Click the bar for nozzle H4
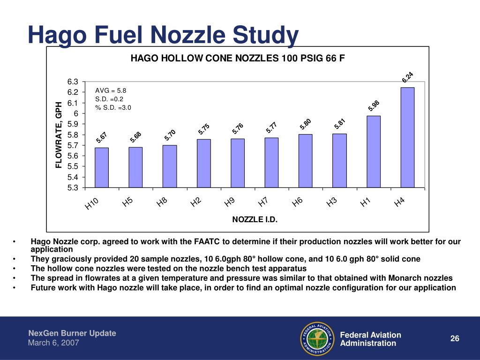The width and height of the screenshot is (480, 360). [407, 137]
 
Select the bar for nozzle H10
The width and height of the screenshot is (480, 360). [102, 167]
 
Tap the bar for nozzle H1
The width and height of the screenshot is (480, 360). [374, 151]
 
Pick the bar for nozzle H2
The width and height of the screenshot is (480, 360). [203, 164]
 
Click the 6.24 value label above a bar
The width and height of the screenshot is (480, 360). [407, 77]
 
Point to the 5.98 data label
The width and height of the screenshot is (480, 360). [374, 106]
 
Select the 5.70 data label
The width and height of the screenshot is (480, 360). [170, 135]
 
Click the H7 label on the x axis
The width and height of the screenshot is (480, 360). [263, 202]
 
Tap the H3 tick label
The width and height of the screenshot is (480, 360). [331, 202]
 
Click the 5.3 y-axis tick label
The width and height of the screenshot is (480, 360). [73, 187]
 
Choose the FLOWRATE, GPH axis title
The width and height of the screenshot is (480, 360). [59, 135]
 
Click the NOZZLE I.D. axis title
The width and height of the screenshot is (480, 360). [255, 219]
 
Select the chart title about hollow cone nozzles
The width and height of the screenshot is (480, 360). [238, 58]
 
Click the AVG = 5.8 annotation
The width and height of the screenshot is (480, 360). [111, 90]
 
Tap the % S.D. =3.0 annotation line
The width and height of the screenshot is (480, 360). [113, 108]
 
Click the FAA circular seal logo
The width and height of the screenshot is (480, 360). [317, 338]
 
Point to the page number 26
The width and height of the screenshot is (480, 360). [455, 338]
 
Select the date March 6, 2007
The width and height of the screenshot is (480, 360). [53, 343]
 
